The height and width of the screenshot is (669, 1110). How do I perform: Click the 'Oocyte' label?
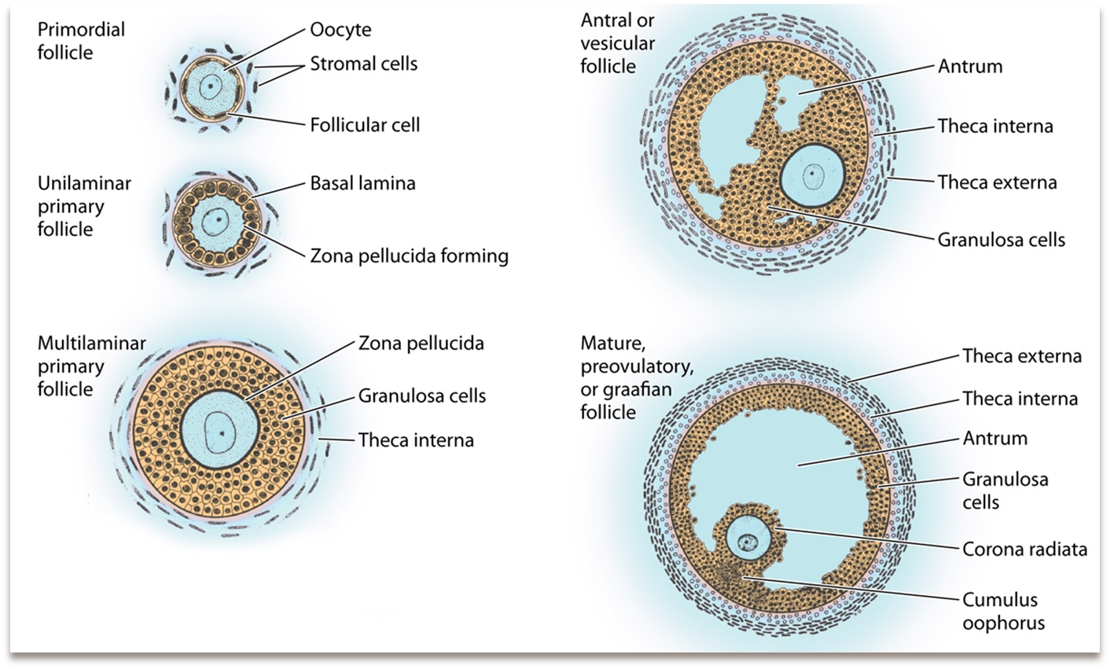(340, 31)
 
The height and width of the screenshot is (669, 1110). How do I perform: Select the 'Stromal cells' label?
(363, 64)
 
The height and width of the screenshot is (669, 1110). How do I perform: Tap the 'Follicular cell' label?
(365, 125)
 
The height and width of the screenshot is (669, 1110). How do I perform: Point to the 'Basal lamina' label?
(362, 184)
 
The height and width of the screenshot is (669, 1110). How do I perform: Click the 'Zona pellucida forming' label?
(409, 256)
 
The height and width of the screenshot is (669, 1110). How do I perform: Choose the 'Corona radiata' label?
(1024, 549)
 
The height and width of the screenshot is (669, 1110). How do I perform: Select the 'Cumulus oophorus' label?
(1003, 612)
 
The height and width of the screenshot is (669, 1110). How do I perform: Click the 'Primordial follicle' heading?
(81, 41)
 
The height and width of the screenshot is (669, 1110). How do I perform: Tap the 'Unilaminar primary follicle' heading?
(84, 206)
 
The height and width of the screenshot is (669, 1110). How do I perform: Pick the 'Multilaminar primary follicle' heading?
(91, 366)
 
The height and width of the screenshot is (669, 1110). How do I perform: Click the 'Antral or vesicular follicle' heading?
(618, 43)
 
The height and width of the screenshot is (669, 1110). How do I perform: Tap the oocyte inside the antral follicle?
(813, 176)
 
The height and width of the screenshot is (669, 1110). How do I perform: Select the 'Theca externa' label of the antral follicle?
(997, 183)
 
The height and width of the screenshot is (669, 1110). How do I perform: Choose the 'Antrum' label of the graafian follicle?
(994, 439)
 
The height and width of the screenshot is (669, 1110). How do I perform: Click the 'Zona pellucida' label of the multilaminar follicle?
(421, 344)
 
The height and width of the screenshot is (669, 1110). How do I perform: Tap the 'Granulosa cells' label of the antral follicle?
(1001, 240)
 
